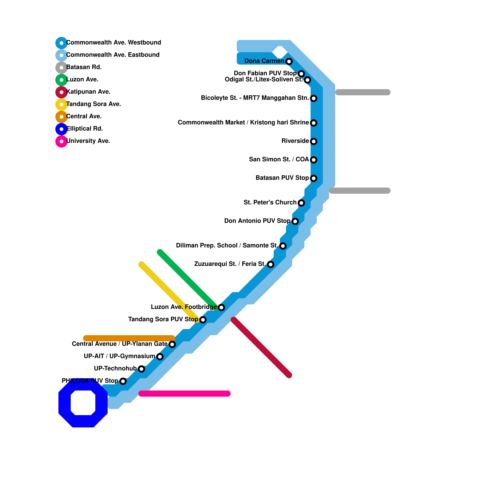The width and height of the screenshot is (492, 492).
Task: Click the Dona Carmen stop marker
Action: click(x=289, y=61)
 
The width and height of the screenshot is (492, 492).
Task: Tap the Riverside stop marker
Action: click(x=314, y=141)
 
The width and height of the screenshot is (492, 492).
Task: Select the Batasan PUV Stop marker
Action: click(x=314, y=178)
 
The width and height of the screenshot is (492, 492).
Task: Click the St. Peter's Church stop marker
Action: click(x=301, y=203)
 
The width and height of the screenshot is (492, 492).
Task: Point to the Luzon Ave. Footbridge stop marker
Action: click(x=221, y=307)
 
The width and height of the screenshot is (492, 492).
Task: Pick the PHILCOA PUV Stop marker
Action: click(x=123, y=381)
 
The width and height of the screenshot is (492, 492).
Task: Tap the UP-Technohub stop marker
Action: click(x=141, y=369)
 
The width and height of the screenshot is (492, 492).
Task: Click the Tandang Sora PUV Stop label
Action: click(x=163, y=319)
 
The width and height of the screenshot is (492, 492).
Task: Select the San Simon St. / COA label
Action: click(x=279, y=160)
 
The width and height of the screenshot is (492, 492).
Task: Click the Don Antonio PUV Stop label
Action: click(x=257, y=221)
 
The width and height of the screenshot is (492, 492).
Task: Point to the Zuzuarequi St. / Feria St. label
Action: click(x=230, y=264)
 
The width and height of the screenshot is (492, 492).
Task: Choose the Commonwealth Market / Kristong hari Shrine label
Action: click(x=243, y=123)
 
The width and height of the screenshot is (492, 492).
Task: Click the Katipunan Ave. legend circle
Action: click(x=61, y=92)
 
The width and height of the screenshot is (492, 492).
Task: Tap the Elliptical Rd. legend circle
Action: click(x=61, y=129)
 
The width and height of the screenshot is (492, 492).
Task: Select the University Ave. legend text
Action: click(x=88, y=141)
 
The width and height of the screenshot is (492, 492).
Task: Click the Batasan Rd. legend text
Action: click(x=84, y=67)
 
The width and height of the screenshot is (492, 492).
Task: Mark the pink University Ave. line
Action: click(x=184, y=394)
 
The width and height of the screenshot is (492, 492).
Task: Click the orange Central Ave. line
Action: click(x=129, y=338)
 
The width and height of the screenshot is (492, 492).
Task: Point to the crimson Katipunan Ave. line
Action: click(x=261, y=347)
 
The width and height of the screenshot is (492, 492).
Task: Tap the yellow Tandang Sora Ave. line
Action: click(x=169, y=292)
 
